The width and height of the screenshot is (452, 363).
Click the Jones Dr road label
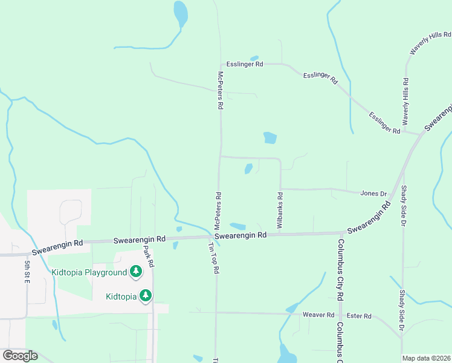click(x=373, y=194)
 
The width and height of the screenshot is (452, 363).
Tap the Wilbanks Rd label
click(x=280, y=210)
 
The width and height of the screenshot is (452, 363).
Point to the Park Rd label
click(x=149, y=256)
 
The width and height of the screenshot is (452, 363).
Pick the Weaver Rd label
click(x=318, y=315)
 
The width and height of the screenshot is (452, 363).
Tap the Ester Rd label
click(x=360, y=316)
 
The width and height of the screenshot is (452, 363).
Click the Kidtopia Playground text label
click(x=89, y=272)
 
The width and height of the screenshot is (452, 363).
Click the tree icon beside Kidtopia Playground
click(x=137, y=272)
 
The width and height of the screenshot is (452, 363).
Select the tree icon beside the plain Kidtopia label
click(x=146, y=296)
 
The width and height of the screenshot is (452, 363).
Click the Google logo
click(x=20, y=356)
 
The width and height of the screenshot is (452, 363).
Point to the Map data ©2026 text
click(x=426, y=358)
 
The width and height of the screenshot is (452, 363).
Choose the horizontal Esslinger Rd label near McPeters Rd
click(x=245, y=64)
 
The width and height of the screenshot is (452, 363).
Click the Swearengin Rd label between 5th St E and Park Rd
click(x=57, y=244)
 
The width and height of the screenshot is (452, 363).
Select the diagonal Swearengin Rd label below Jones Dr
click(x=367, y=221)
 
